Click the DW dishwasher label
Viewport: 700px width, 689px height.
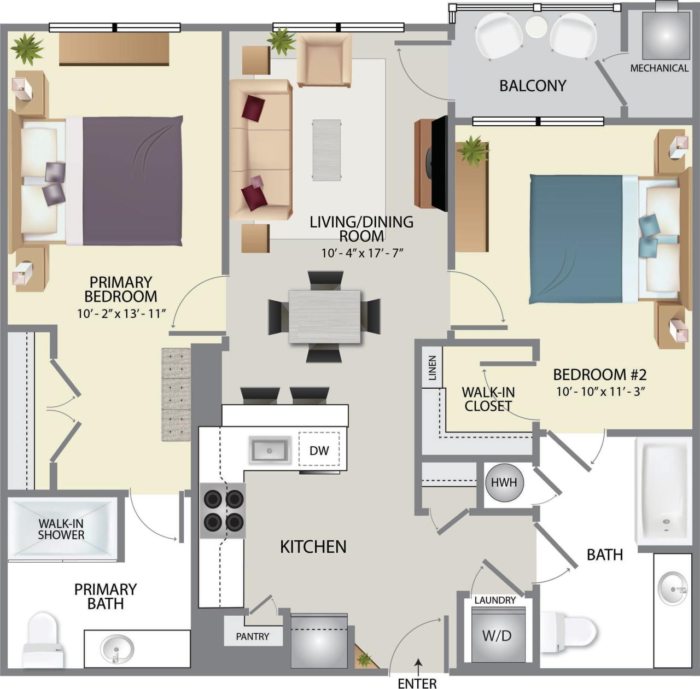pyautogui.click(x=319, y=451)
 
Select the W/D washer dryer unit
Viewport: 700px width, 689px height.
pyautogui.click(x=497, y=635)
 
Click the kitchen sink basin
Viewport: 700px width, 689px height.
pyautogui.click(x=269, y=451)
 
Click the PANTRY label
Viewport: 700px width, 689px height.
pyautogui.click(x=253, y=637)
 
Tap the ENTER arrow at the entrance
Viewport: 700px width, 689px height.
pyautogui.click(x=418, y=666)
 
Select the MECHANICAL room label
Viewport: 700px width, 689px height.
pyautogui.click(x=659, y=68)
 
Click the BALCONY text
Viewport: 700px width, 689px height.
pyautogui.click(x=532, y=86)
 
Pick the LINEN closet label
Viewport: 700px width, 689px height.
pyautogui.click(x=433, y=368)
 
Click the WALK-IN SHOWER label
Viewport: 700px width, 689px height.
pyautogui.click(x=61, y=529)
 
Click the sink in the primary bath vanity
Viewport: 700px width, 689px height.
pyautogui.click(x=117, y=649)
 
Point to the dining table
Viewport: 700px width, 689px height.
pyautogui.click(x=324, y=317)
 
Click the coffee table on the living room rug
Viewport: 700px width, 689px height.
pyautogui.click(x=327, y=150)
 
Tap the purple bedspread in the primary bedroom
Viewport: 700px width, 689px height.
pyautogui.click(x=131, y=180)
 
